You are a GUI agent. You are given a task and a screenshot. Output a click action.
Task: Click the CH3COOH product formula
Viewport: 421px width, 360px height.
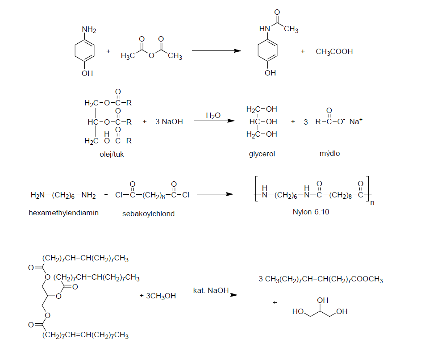[x=334, y=51]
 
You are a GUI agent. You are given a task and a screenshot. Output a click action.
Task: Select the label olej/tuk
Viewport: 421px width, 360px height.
[x=112, y=155]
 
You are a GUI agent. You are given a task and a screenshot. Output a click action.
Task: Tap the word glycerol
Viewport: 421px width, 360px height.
[x=262, y=154]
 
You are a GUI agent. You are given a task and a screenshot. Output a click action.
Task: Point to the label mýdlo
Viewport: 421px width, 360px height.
[x=330, y=153]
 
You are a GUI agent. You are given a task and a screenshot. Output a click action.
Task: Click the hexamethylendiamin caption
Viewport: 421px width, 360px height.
[x=64, y=213]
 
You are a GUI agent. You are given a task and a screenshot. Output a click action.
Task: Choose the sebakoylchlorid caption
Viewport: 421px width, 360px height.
[x=149, y=214]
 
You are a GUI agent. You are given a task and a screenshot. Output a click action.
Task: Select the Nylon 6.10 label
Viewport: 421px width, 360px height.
[x=311, y=212]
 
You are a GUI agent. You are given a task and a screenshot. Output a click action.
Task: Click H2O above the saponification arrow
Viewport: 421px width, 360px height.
[x=213, y=116]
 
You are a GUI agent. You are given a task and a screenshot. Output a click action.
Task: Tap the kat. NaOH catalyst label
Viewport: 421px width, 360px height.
[x=211, y=290]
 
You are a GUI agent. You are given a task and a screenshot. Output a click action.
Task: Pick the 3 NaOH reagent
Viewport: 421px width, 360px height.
[x=169, y=121]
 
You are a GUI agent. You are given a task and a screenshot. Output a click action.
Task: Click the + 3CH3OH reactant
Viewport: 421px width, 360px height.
[x=158, y=296]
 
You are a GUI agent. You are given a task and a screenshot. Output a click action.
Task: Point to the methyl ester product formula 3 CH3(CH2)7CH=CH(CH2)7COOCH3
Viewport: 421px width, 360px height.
[x=321, y=280]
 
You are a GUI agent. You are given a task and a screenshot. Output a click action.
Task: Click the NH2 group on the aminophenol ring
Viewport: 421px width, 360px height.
[x=89, y=29]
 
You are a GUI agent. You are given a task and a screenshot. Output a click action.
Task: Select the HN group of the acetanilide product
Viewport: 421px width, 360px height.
[x=264, y=29]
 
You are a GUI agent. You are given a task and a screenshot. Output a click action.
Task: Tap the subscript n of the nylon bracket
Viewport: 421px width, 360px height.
[x=372, y=203]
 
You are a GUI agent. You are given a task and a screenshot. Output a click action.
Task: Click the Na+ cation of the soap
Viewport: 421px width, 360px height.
[x=356, y=121]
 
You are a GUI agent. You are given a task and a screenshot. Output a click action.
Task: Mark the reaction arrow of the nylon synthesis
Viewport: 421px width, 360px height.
[x=215, y=194]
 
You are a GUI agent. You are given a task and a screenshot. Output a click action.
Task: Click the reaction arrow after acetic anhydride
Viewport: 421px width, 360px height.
[x=217, y=51]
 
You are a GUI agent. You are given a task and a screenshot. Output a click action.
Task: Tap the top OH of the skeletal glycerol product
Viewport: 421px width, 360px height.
[x=322, y=300]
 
